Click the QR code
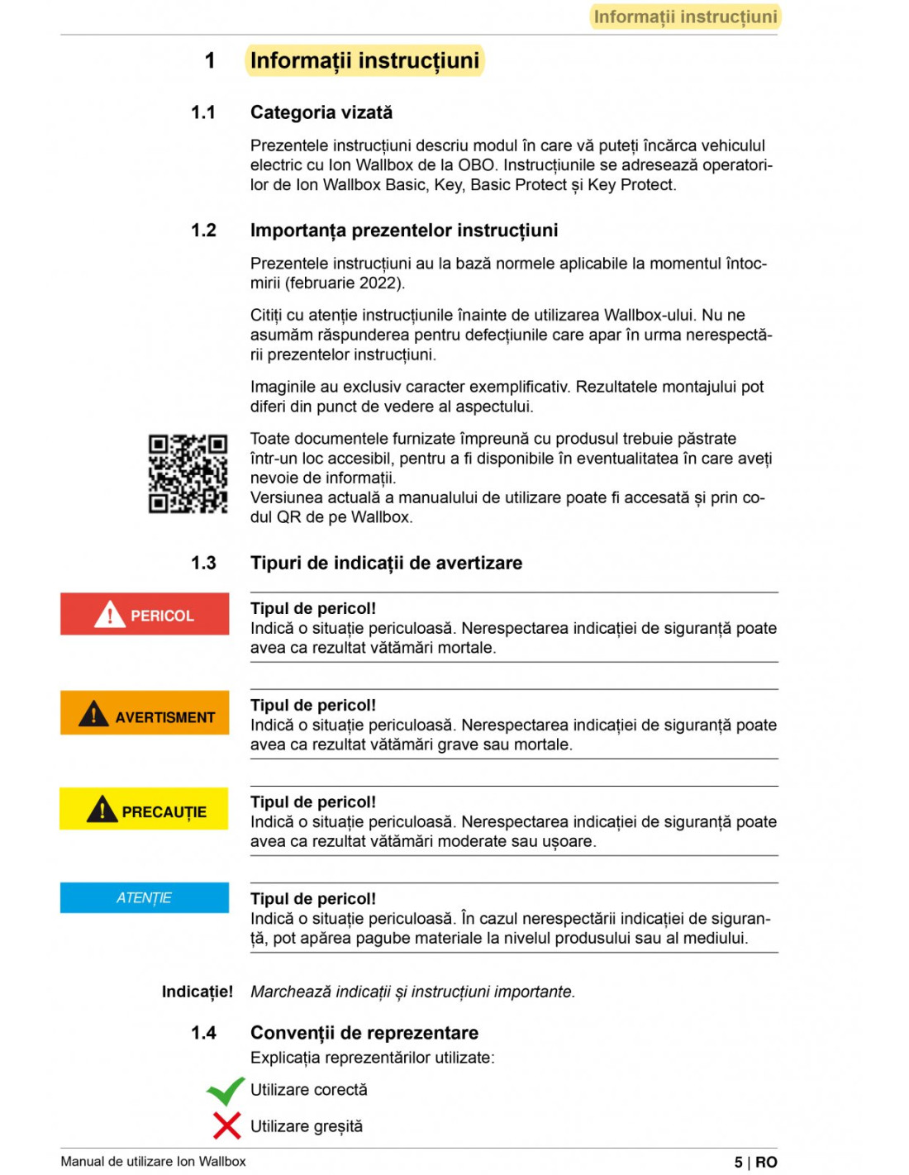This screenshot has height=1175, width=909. (188, 473)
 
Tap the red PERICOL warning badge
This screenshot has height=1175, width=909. (145, 614)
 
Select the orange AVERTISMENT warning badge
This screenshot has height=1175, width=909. (145, 712)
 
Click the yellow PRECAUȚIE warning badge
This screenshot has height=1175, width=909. (144, 809)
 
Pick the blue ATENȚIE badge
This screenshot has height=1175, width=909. (145, 897)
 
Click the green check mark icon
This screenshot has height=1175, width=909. (225, 1091)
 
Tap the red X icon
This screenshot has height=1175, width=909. (226, 1125)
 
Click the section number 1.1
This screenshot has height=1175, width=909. (203, 112)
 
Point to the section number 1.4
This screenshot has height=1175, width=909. (203, 1033)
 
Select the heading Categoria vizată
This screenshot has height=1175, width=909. (321, 112)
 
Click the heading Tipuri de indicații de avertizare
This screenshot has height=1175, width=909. (386, 563)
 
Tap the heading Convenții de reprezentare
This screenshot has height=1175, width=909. (364, 1033)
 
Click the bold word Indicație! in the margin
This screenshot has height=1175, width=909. (197, 992)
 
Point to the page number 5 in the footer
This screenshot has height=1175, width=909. (738, 1162)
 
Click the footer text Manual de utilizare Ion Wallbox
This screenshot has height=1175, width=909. (153, 1162)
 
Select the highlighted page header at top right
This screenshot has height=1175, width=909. (685, 17)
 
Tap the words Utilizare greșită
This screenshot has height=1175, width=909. (307, 1126)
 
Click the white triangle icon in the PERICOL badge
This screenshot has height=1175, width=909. (110, 615)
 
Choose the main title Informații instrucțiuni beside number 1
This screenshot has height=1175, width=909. (364, 60)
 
